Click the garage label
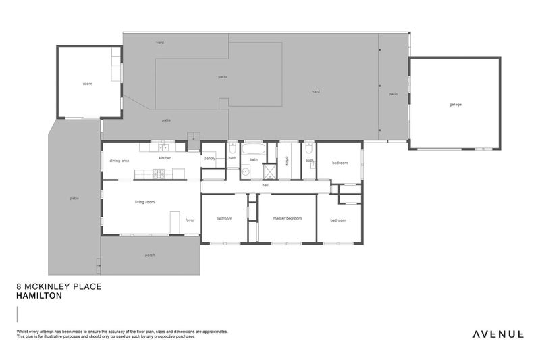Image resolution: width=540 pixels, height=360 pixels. (456, 104)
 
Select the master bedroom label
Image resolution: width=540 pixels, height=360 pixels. (287, 218)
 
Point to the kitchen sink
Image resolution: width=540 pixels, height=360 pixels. (163, 147)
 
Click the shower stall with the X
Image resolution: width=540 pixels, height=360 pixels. (270, 172)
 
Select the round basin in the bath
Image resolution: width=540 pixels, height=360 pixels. (246, 172)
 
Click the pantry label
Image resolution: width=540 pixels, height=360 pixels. (209, 158)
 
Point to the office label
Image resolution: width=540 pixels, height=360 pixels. (287, 160)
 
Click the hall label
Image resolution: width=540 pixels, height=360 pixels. (265, 184)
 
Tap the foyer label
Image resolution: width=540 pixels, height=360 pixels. (190, 220)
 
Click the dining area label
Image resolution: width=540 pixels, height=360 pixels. (119, 161)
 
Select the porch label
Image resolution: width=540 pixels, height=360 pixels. (150, 255)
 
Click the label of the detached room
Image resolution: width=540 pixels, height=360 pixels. (87, 83)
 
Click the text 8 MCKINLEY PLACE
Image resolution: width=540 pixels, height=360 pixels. (58, 287)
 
